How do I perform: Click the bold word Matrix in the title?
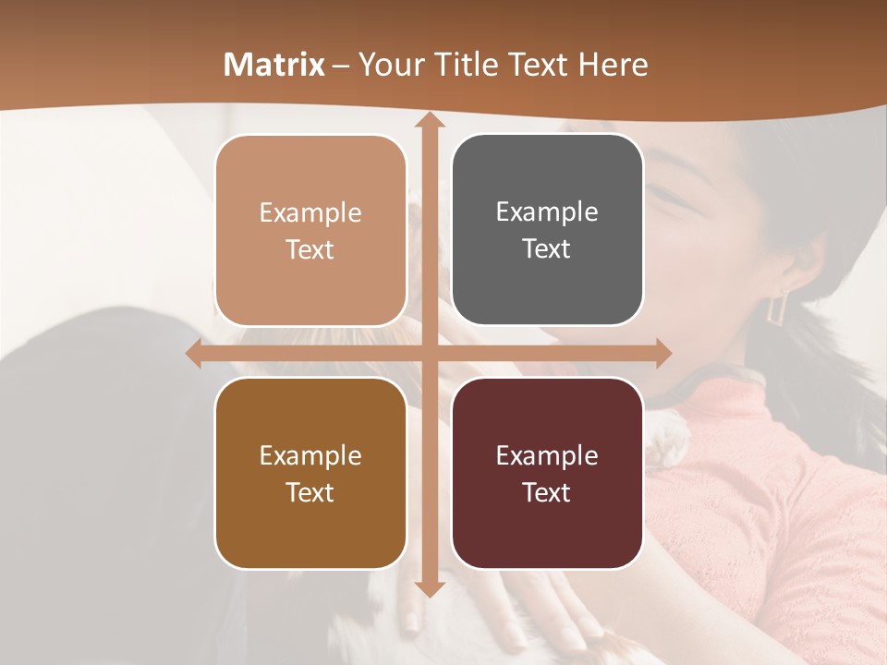274,65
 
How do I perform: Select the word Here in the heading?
614,65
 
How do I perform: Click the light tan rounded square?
310,230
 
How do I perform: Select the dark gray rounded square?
547,230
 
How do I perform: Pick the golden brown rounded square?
310,473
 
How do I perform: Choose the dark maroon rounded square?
547,473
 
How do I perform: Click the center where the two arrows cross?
429,353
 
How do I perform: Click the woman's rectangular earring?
779,307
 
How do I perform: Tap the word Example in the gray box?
547,212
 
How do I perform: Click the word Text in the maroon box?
547,492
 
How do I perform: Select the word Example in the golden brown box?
310,455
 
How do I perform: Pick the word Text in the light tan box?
310,249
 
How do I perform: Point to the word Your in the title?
389,65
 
